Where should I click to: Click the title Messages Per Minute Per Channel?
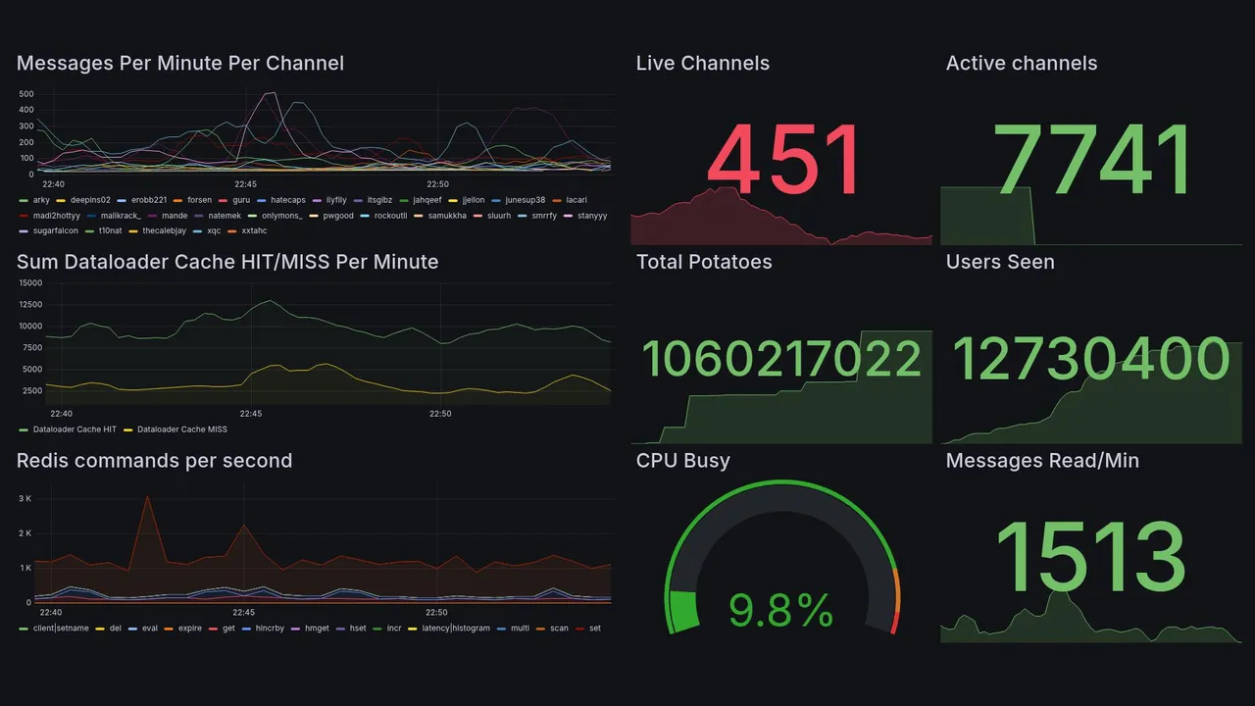pyautogui.click(x=180, y=64)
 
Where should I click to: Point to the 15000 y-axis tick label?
pyautogui.click(x=30, y=282)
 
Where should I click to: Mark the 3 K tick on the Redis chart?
pyautogui.click(x=25, y=499)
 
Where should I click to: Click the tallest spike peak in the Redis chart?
pyautogui.click(x=147, y=497)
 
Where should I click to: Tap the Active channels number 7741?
pyautogui.click(x=1092, y=160)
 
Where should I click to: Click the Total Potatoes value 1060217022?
pyautogui.click(x=781, y=359)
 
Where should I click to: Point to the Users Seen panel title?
pyautogui.click(x=1000, y=262)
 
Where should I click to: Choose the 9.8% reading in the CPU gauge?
pyautogui.click(x=781, y=612)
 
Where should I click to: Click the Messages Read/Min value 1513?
pyautogui.click(x=1091, y=557)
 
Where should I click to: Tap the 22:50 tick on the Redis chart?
pyautogui.click(x=438, y=612)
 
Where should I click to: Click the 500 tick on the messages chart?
pyautogui.click(x=26, y=94)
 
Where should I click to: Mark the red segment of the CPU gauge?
pyautogui.click(x=893, y=623)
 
